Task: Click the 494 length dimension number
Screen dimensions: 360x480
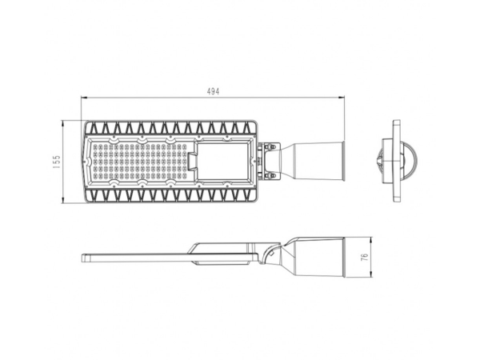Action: click(x=213, y=92)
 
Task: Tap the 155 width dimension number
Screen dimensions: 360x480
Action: click(x=57, y=162)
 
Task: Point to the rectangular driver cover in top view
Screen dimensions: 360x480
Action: click(x=222, y=160)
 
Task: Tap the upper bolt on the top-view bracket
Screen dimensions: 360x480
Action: click(x=271, y=149)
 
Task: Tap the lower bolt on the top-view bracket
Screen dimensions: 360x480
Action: click(x=271, y=174)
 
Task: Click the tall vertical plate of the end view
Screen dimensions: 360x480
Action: click(x=395, y=161)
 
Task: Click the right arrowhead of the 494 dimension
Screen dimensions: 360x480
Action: click(x=342, y=99)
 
